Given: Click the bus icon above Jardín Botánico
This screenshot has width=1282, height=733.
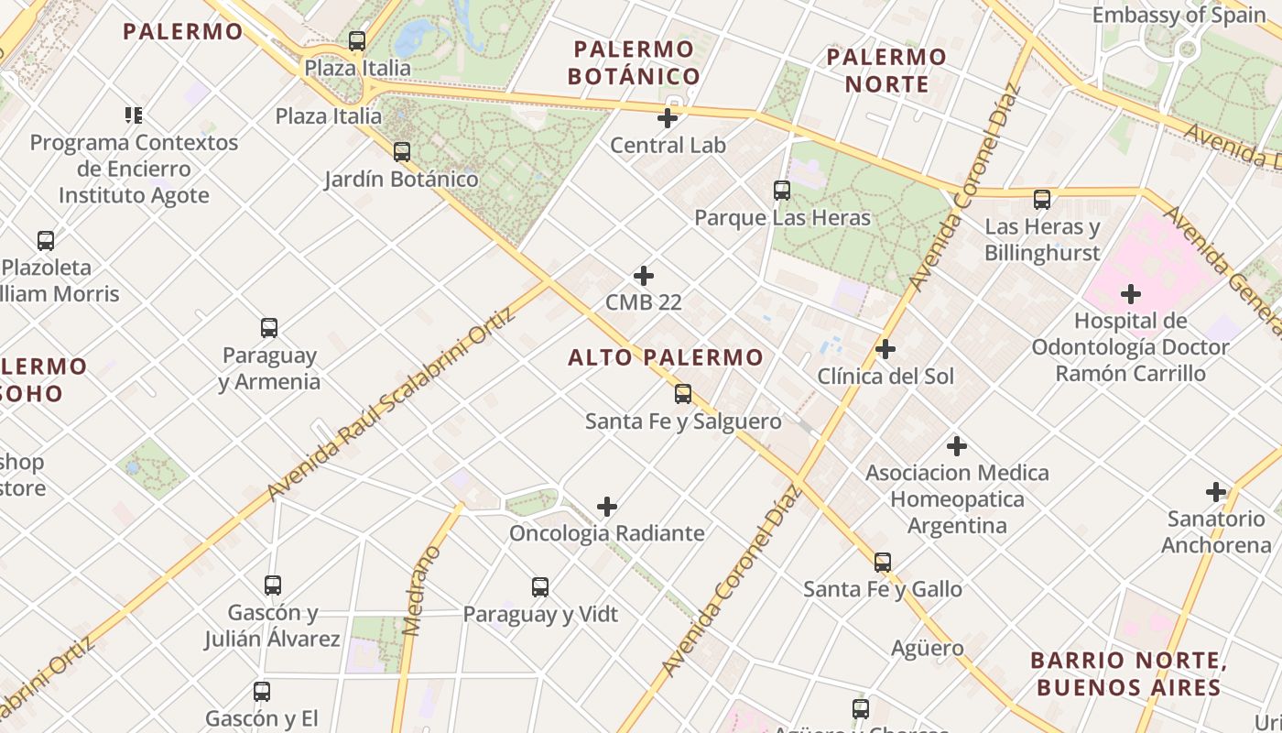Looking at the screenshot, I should point(402,152).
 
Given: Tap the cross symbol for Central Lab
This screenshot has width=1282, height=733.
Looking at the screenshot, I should point(668,118).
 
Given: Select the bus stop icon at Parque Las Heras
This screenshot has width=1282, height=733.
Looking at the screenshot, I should point(782,191).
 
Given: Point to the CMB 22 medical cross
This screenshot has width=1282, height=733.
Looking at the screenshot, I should point(644,275).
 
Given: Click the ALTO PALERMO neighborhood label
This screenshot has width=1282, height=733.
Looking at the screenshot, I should point(666,357).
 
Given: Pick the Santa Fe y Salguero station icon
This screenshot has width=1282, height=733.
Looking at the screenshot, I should point(683,394).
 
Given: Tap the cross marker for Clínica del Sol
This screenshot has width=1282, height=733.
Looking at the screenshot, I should point(885,349).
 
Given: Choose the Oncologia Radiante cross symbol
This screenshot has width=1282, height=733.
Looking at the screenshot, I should point(607,507).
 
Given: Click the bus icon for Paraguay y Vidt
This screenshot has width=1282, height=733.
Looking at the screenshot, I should point(540,587).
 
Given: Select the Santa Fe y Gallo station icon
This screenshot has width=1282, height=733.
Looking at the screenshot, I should point(883,563).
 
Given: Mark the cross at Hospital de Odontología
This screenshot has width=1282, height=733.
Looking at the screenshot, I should point(1131,294).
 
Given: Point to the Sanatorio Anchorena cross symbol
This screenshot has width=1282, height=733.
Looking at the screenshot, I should point(1216,492).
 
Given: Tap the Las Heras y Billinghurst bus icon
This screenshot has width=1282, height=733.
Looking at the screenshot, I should point(1042,200).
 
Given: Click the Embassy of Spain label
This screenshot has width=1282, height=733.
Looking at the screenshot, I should point(1179,15).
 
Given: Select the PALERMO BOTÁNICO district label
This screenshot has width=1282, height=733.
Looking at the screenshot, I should point(634,62).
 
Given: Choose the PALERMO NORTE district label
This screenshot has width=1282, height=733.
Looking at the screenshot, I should point(886,71).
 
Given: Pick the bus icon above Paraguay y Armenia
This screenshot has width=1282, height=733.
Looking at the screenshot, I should point(269,328).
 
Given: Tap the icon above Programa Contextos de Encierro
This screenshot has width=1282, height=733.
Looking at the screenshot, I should point(134,115).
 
